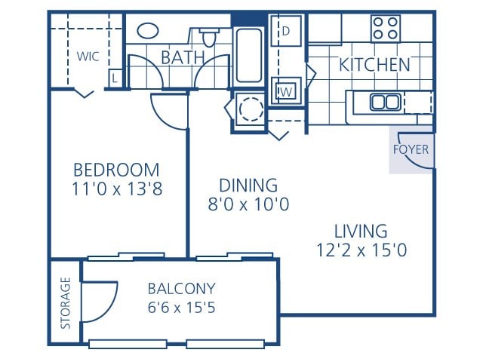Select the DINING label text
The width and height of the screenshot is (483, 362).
pyautogui.click(x=248, y=185)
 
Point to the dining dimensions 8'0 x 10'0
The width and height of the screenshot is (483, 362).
pyautogui.click(x=248, y=204)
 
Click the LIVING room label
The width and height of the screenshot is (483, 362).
pyautogui.click(x=361, y=231)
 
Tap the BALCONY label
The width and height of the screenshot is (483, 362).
pyautogui.click(x=181, y=288)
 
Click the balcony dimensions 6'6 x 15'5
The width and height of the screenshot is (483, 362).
pyautogui.click(x=181, y=307)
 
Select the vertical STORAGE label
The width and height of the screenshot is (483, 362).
pyautogui.click(x=66, y=303)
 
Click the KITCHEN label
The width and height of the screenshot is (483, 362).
pyautogui.click(x=374, y=65)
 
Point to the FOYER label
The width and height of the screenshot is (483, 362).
pyautogui.click(x=411, y=149)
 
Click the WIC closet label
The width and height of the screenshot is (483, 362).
pyautogui.click(x=88, y=55)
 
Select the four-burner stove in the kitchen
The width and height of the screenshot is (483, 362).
pyautogui.click(x=385, y=29)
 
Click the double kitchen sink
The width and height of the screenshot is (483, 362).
pyautogui.click(x=385, y=102)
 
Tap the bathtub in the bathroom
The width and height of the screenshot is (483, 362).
pyautogui.click(x=248, y=56)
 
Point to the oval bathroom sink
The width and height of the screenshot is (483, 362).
pyautogui.click(x=148, y=31)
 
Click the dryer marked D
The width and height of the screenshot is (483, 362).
pyautogui.click(x=286, y=32)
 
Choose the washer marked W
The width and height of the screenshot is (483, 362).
pyautogui.click(x=286, y=92)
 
